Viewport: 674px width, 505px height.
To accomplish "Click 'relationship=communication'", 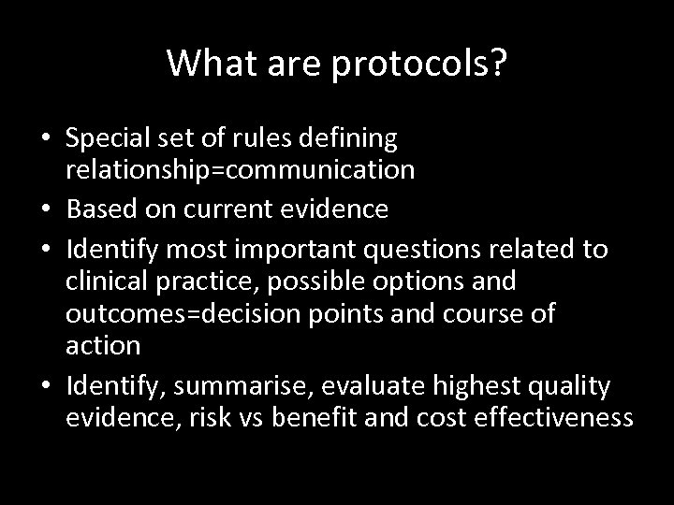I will tap(241, 170).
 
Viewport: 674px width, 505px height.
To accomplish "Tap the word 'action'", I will tap(103, 345).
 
